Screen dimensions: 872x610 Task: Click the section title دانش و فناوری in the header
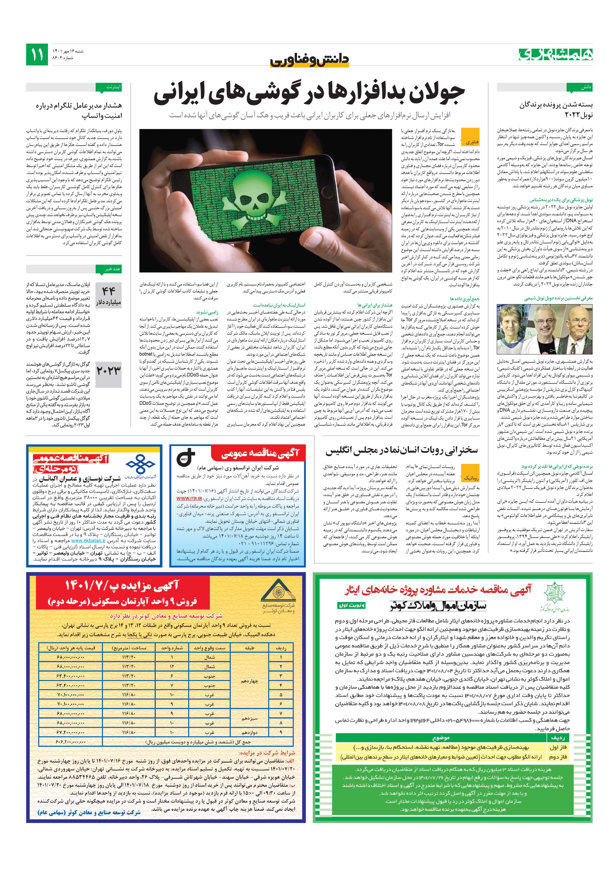tap(309, 60)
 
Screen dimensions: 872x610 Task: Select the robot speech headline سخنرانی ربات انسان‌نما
tap(401, 451)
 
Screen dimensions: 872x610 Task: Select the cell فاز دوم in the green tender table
tap(557, 757)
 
